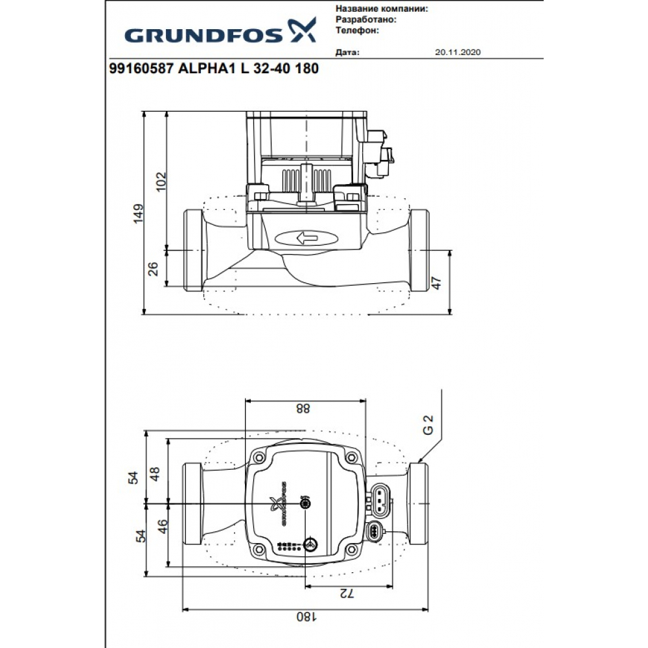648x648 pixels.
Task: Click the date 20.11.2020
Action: [x=459, y=52]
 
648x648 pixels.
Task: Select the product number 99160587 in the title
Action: [x=138, y=69]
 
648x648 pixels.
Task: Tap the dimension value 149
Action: [x=137, y=214]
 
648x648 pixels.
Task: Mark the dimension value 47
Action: [x=436, y=283]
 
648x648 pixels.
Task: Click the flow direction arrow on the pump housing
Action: [x=307, y=238]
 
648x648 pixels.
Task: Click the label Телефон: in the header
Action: [x=357, y=30]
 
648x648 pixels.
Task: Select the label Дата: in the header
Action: [x=347, y=52]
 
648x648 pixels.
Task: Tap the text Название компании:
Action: [x=382, y=10]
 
